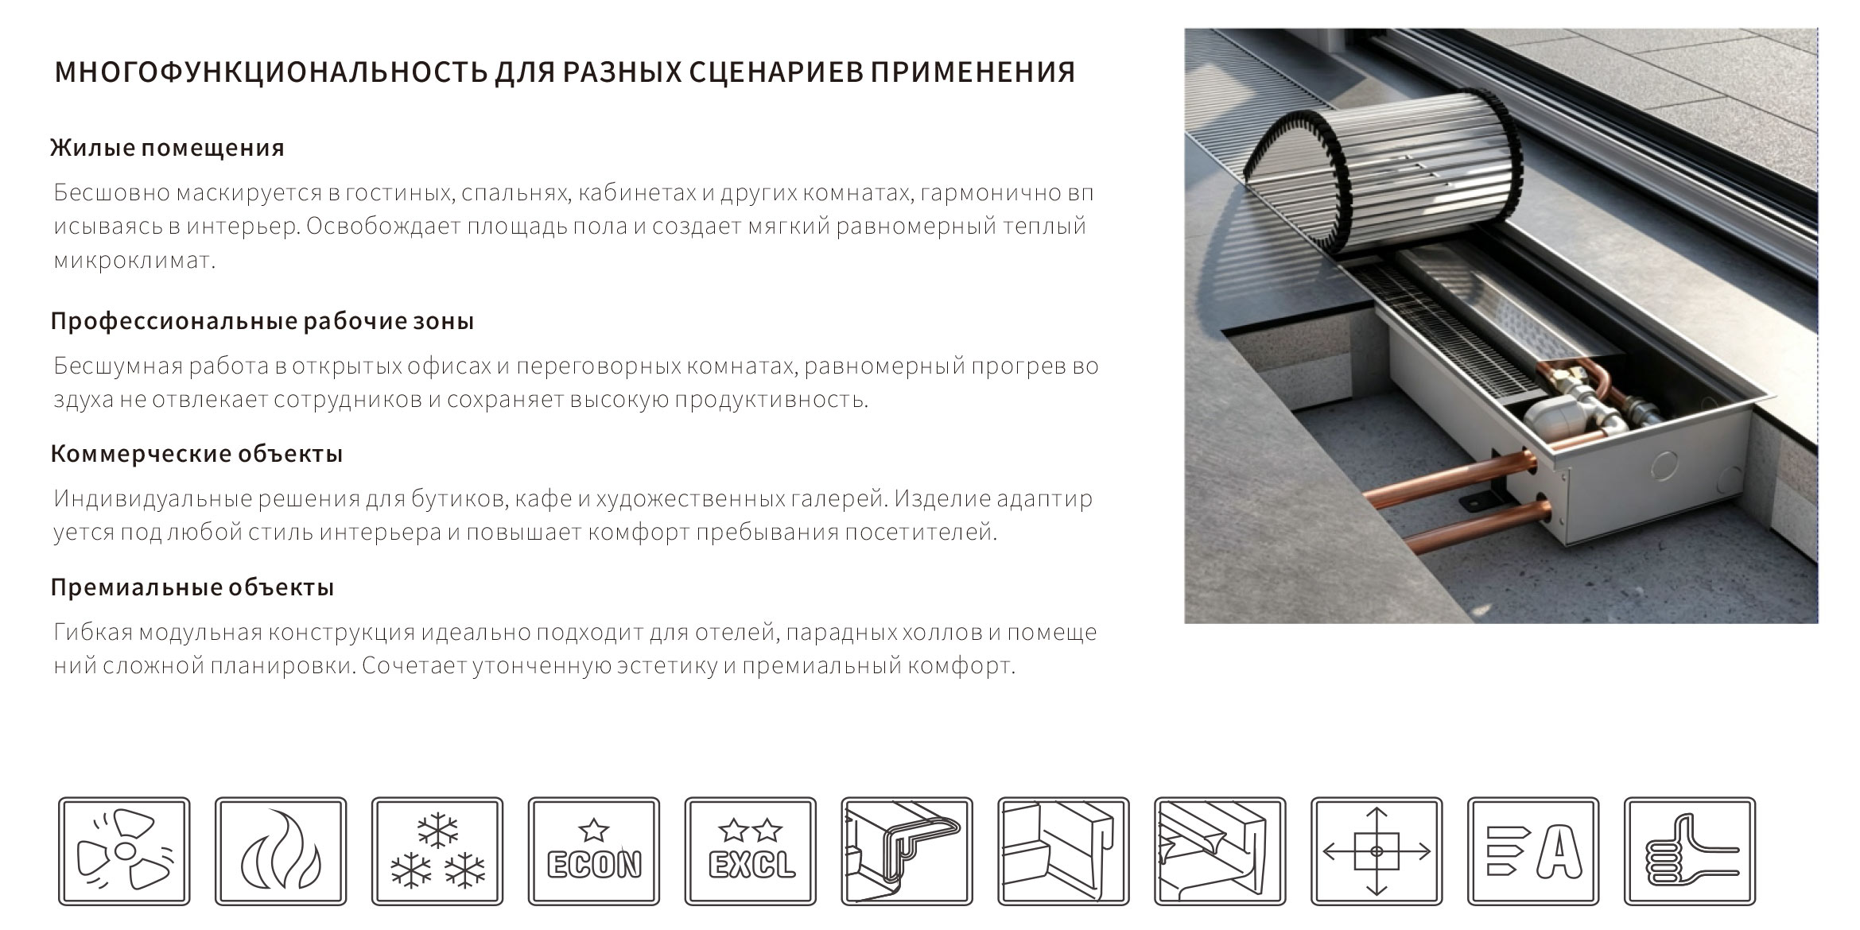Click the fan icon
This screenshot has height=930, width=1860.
(124, 851)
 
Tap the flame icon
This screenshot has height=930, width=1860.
(281, 851)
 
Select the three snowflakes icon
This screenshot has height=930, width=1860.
(437, 851)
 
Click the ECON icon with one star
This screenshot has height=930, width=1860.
(594, 851)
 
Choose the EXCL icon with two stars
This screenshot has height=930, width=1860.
(751, 851)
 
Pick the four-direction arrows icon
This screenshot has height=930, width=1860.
(1377, 851)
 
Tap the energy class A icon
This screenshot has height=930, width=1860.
(1533, 851)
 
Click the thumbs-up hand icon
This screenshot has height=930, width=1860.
(1690, 851)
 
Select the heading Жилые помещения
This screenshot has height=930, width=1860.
(167, 148)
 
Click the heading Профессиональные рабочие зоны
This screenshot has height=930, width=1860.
(262, 321)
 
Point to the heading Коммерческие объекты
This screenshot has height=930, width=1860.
(196, 454)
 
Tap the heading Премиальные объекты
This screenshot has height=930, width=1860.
(192, 587)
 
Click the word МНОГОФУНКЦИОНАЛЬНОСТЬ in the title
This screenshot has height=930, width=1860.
(271, 72)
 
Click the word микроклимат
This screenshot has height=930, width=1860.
(134, 261)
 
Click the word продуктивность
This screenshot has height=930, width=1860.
(771, 400)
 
